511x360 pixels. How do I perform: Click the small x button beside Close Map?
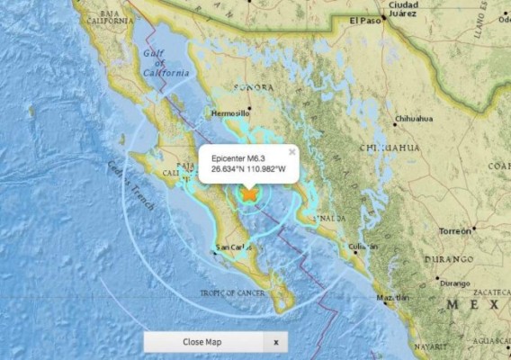tap(276, 342)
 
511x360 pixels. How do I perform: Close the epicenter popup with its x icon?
tap(291, 151)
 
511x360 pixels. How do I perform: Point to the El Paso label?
tap(366, 22)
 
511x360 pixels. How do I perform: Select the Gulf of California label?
tap(166, 64)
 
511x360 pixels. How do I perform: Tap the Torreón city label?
tap(453, 230)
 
